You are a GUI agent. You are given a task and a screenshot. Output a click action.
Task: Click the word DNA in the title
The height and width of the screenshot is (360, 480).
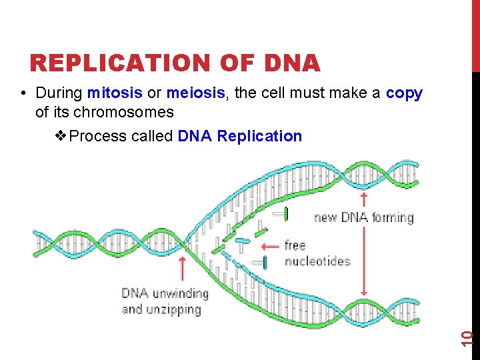(292, 63)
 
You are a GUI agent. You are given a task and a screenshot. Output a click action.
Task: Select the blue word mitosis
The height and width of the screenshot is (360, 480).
(114, 93)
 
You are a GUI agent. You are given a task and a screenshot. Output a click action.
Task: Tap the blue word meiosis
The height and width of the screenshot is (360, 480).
(195, 93)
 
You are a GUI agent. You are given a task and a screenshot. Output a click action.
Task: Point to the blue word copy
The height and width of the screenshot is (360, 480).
(404, 93)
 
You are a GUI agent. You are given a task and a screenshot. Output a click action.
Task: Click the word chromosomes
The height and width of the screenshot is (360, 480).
(123, 111)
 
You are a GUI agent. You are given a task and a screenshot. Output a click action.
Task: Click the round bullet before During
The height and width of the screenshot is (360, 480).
(23, 93)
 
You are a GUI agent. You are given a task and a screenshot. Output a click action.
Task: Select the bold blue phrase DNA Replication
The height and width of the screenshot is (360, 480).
(240, 136)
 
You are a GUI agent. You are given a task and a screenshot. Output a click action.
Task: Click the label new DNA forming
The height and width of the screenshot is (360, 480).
(364, 217)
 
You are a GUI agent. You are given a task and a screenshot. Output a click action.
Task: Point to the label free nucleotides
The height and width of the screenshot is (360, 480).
(317, 253)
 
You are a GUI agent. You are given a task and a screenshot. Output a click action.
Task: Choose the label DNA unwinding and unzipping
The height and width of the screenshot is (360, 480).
(165, 301)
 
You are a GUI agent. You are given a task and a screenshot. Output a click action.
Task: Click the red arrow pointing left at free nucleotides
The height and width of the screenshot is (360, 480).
(270, 246)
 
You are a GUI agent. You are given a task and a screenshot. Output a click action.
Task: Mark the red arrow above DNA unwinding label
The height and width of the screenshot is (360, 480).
(182, 270)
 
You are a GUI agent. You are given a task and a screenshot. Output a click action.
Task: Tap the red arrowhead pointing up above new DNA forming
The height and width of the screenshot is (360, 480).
(364, 197)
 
